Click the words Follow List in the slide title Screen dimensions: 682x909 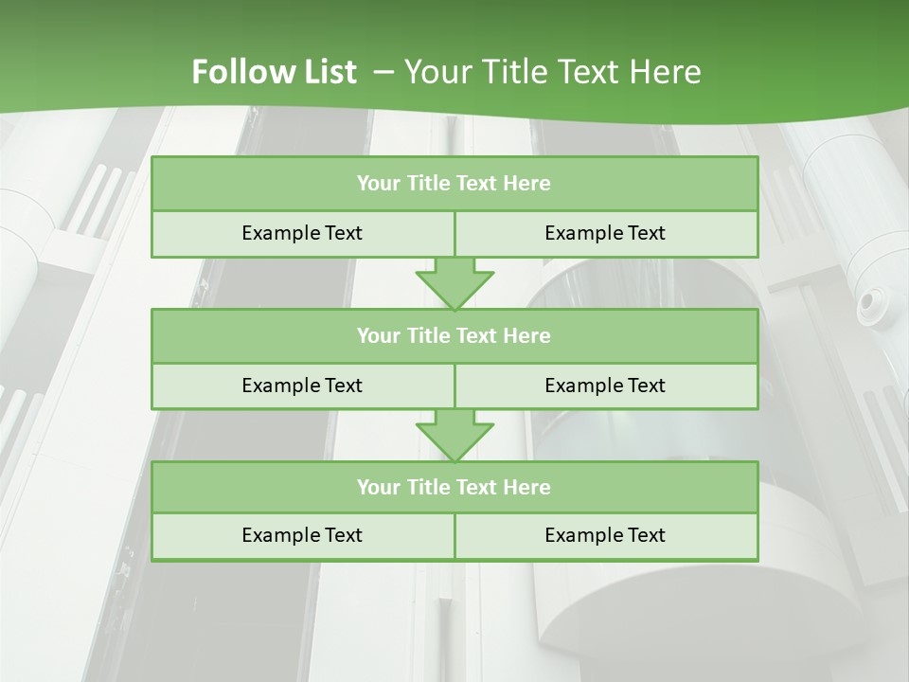pos(274,72)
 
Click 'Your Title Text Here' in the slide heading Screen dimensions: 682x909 pos(553,72)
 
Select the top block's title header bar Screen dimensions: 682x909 pos(454,184)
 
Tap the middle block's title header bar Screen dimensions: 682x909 pos(454,335)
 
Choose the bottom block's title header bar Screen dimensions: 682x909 pos(454,487)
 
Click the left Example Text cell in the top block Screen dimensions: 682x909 pos(302,233)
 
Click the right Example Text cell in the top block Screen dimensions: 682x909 pos(605,233)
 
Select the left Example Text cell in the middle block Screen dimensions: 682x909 pos(302,386)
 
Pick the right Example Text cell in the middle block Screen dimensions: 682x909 pos(605,386)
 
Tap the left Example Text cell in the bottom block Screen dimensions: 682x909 pos(302,535)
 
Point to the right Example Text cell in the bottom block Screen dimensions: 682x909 pos(605,535)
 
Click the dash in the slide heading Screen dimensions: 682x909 pos(384,72)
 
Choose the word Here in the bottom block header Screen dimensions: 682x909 pos(526,487)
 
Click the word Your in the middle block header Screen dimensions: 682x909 pos(378,335)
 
